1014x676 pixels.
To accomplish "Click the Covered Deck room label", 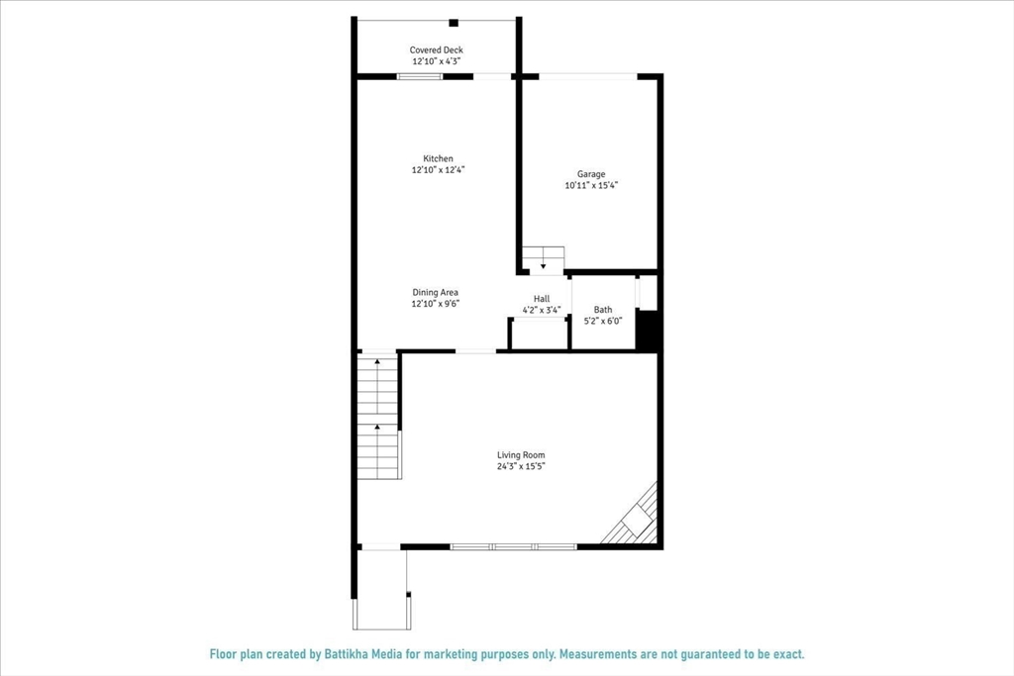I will click(437, 50).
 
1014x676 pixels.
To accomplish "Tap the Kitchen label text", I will click(439, 158).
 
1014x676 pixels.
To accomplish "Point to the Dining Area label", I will click(436, 292).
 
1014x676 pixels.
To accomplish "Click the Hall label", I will click(542, 298).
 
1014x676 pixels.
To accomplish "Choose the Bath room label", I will click(603, 310).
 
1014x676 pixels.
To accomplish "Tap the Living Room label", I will click(521, 455).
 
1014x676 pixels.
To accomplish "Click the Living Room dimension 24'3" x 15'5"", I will click(521, 466).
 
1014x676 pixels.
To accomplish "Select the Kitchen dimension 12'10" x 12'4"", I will click(439, 170).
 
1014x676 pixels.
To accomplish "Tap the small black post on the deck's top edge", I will click(454, 23).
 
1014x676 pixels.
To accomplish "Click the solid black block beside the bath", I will click(648, 331).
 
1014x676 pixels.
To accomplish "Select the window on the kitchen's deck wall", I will click(420, 76).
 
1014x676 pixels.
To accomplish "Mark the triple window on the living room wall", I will click(513, 546).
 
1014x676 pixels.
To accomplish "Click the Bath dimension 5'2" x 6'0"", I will click(603, 322).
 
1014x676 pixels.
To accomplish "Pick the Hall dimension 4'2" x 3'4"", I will click(542, 310).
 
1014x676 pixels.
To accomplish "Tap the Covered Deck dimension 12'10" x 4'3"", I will click(437, 61).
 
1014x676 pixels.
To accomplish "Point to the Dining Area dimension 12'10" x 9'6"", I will click(436, 304).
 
